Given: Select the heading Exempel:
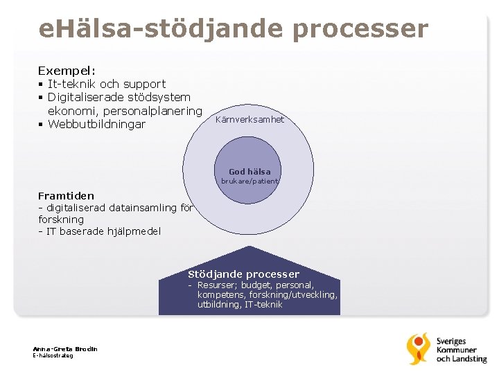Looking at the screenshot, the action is [67, 71].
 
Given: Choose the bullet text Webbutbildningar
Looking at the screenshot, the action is [96, 125].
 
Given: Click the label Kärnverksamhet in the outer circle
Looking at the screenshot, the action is [250, 120].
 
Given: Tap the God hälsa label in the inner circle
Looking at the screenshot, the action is [249, 171].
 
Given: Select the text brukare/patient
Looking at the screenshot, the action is [249, 181].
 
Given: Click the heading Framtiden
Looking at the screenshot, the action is [66, 196].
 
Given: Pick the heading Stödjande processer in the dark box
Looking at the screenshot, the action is [243, 274].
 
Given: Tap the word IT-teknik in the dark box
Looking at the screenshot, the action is [263, 304].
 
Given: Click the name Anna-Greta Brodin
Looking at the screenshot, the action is [65, 348].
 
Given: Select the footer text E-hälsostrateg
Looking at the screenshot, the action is [53, 355].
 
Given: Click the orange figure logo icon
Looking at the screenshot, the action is [418, 348].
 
